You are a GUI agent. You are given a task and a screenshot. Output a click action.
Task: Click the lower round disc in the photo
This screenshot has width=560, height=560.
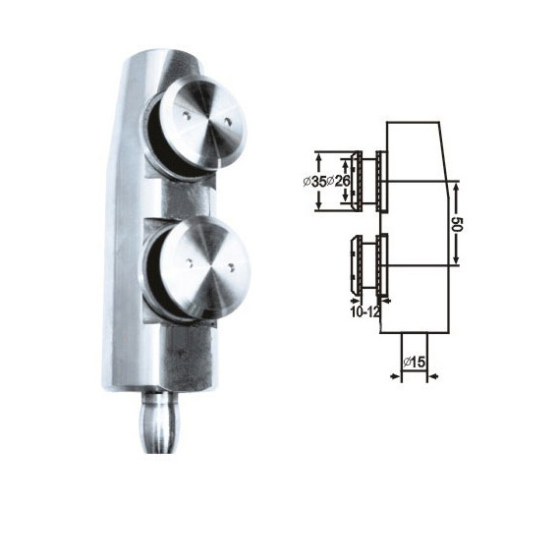(x=203, y=267)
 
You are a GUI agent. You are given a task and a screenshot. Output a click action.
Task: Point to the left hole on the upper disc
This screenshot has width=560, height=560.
(x=186, y=115)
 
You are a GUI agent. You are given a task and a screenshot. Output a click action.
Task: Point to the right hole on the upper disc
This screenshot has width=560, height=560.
(x=228, y=122)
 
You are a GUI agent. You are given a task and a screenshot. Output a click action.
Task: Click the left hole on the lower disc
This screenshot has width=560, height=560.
(x=189, y=263)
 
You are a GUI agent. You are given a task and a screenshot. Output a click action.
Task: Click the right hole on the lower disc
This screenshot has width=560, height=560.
(x=232, y=267)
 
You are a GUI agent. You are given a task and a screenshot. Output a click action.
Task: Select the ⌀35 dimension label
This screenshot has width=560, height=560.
(x=314, y=182)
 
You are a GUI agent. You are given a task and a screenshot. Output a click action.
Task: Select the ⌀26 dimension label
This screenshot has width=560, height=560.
(x=338, y=182)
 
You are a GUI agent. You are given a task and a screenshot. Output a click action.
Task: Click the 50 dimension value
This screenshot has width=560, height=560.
(x=458, y=224)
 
